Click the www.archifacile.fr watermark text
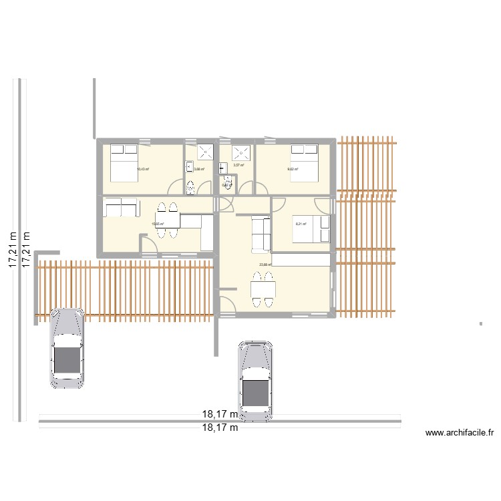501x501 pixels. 460,434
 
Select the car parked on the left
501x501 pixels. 67,348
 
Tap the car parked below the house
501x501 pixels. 256,381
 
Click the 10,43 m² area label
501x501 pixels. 143,170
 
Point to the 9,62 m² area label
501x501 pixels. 293,170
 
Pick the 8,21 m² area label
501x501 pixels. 301,224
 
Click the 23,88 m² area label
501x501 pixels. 265,265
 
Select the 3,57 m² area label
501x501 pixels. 238,165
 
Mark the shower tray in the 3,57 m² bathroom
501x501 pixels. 240,152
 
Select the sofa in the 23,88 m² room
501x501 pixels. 261,234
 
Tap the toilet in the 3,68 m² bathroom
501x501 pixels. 191,186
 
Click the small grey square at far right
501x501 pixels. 480,325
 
